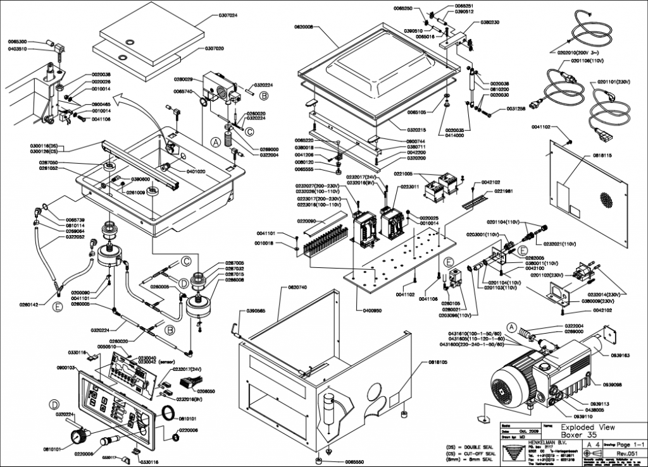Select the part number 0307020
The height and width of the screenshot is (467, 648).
[x=218, y=48]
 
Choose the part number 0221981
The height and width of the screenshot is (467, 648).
[x=504, y=191]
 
